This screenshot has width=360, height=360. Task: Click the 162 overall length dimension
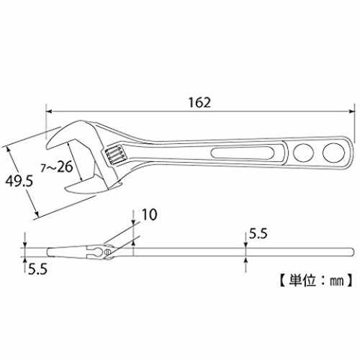click(x=199, y=102)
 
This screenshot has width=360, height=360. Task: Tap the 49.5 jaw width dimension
click(x=19, y=181)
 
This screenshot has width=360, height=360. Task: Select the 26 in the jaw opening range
click(x=65, y=166)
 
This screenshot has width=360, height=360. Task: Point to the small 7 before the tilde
click(x=43, y=168)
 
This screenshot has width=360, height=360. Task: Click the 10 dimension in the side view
click(x=150, y=215)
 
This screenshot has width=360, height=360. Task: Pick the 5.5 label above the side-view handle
click(x=258, y=233)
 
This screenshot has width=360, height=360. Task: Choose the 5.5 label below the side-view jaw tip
click(x=37, y=269)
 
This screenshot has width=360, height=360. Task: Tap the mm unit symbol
click(x=336, y=281)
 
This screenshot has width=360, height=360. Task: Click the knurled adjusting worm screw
click(x=114, y=154)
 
